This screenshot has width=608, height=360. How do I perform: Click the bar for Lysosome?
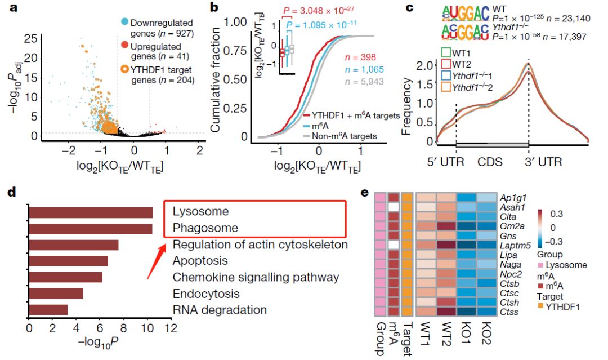[x=90, y=212]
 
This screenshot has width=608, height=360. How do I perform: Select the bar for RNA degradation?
[x=48, y=310]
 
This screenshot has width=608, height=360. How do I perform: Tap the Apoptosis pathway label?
[x=200, y=261]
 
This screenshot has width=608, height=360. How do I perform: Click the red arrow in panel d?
[x=155, y=259]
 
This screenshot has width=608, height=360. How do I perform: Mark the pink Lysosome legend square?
[x=542, y=265]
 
